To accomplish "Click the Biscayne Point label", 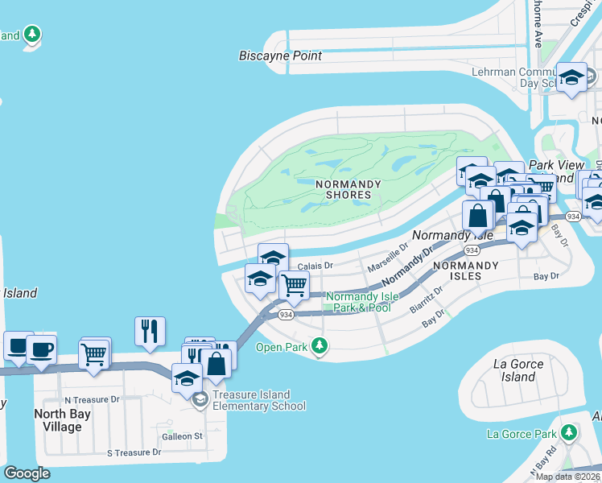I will (280, 56).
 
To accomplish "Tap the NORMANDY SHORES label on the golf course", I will (348, 189).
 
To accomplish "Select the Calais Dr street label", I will (315, 265).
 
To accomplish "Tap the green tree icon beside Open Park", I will (320, 347).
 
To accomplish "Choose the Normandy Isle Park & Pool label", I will (358, 302).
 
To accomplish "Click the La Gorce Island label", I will (517, 370).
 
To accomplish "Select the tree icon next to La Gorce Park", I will (570, 434).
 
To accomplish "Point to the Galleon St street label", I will (181, 436).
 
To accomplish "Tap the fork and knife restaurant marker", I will (150, 330).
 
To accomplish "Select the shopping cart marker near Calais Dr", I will (294, 284).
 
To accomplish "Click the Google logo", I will (27, 473).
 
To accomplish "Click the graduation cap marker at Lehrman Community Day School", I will (571, 78).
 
